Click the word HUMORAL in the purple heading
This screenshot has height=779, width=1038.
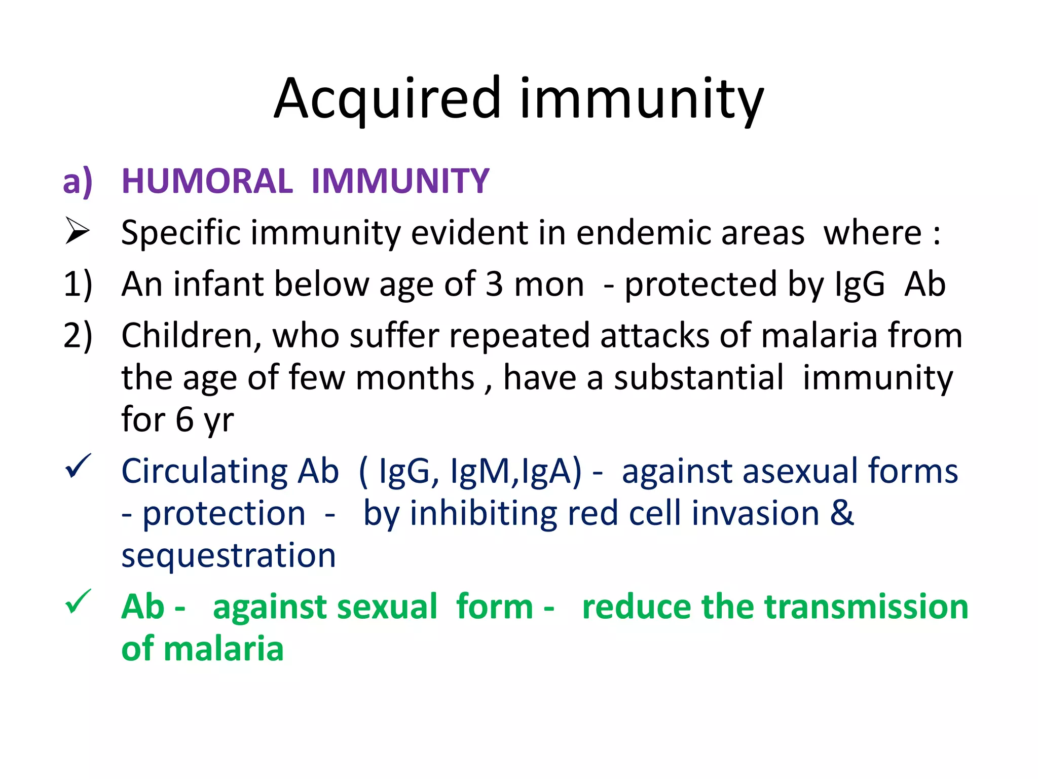207,181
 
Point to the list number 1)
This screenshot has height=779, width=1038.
78,284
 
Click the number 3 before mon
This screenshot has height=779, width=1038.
494,284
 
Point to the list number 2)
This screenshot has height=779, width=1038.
78,336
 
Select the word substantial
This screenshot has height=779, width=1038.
699,378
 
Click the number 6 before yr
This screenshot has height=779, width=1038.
184,420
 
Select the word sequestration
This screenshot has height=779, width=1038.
229,555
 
